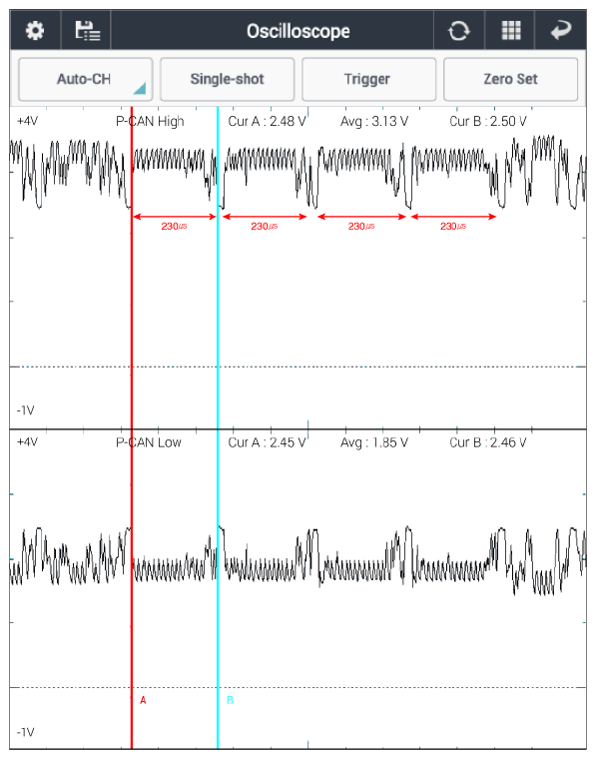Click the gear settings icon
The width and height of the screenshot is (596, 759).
(x=35, y=31)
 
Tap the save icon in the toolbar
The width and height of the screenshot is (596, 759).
(x=88, y=31)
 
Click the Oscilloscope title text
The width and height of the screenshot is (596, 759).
(x=298, y=32)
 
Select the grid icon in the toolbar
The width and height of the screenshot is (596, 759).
(x=511, y=31)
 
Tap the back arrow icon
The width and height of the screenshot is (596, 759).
(x=561, y=31)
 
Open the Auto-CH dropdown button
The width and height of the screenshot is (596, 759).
(x=86, y=79)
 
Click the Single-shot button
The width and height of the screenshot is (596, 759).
(x=227, y=79)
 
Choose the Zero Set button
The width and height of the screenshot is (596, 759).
(x=510, y=79)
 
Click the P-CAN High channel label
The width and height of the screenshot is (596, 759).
(x=150, y=121)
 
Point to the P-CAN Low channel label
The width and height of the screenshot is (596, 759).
(x=149, y=442)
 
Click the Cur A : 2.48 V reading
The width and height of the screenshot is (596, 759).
(x=267, y=121)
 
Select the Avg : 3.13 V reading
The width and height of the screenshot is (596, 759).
(x=374, y=121)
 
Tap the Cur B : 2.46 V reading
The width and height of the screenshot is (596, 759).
(x=488, y=442)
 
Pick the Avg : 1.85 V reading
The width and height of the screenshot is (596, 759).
(x=374, y=442)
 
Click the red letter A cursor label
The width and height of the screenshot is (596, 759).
(x=143, y=700)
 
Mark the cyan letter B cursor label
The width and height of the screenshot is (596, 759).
(x=231, y=700)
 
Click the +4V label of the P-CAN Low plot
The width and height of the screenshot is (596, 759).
(x=27, y=442)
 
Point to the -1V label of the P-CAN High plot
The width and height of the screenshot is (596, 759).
(x=26, y=410)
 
